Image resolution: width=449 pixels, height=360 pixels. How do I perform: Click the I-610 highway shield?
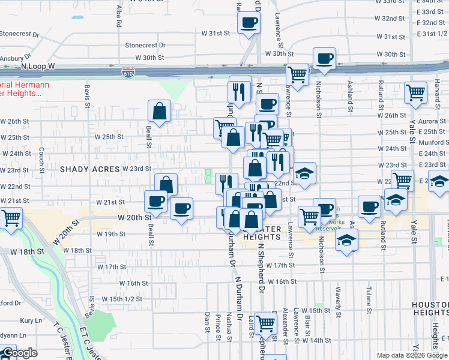point(128,73)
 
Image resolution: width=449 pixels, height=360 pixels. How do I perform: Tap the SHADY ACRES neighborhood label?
point(90,169)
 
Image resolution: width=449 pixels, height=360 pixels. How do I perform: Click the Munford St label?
point(432,142)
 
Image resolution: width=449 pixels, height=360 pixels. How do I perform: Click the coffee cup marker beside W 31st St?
point(248,23)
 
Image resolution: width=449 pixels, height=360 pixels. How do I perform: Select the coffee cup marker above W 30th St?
point(324,58)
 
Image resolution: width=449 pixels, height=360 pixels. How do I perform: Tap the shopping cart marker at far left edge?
point(11,217)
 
